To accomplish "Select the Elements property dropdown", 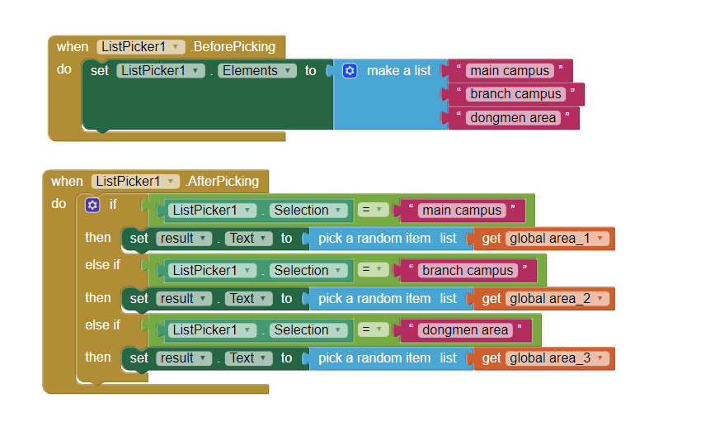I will pyautogui.click(x=258, y=71).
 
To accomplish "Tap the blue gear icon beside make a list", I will pyautogui.click(x=350, y=71).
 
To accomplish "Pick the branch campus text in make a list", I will pyautogui.click(x=516, y=94).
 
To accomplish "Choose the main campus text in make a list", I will pyautogui.click(x=510, y=71).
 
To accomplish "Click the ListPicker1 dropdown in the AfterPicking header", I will pyautogui.click(x=135, y=182).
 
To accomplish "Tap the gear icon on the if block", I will pyautogui.click(x=92, y=205).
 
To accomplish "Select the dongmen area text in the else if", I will pyautogui.click(x=465, y=330).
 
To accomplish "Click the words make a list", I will pyautogui.click(x=399, y=71).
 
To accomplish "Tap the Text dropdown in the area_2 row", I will pyautogui.click(x=248, y=299).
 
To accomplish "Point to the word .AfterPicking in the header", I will pyautogui.click(x=223, y=182).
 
